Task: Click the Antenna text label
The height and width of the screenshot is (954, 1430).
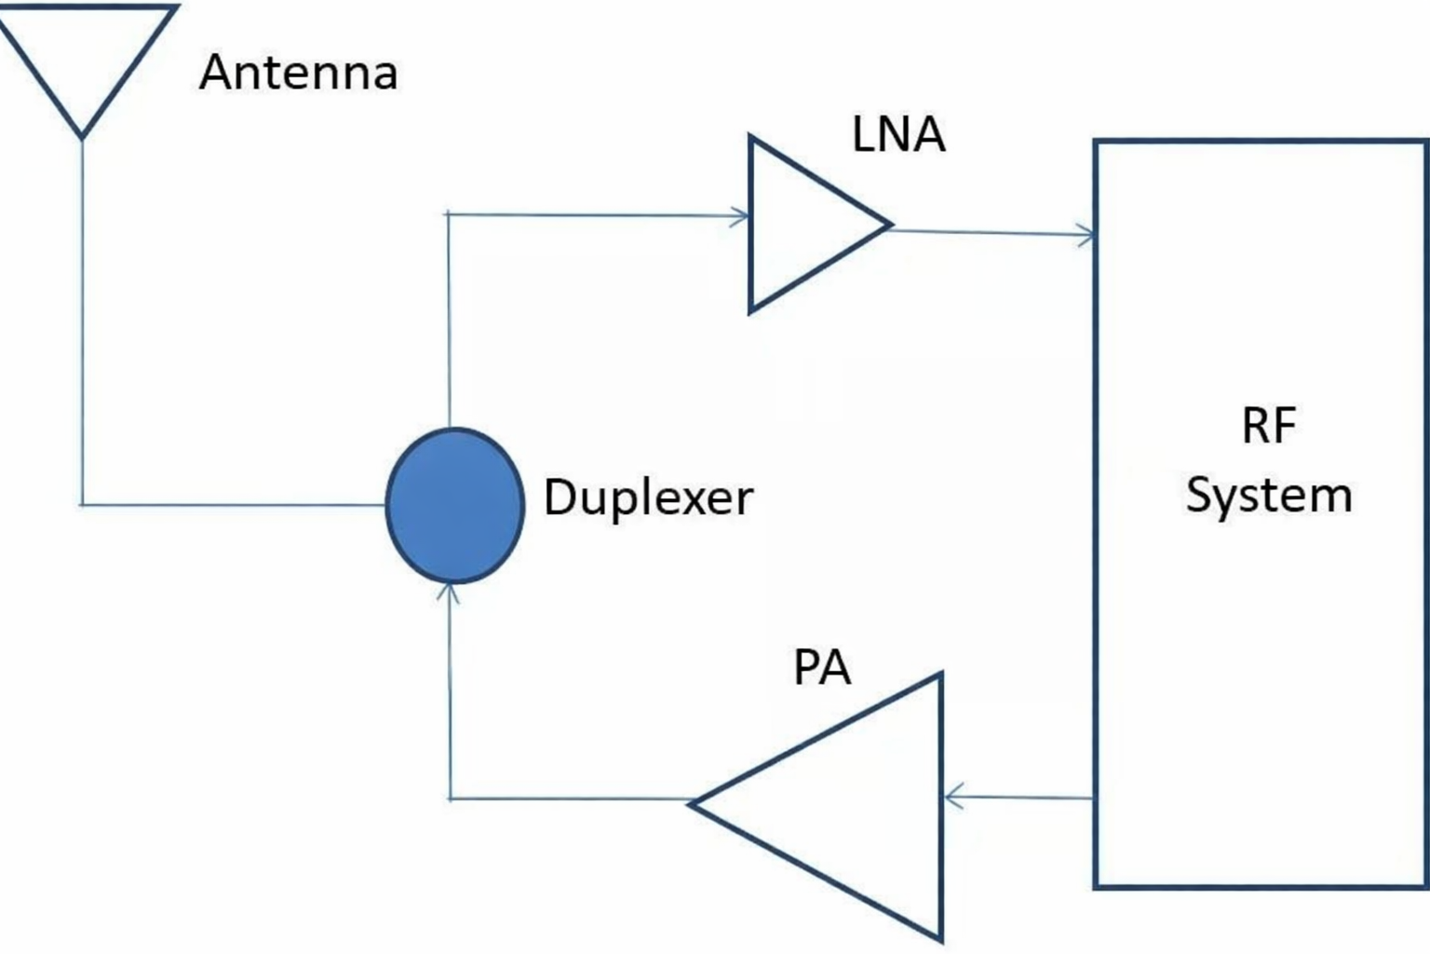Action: [x=299, y=73]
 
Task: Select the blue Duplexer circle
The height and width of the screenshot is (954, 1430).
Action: [x=454, y=505]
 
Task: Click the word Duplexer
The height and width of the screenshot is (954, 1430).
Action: [x=648, y=497]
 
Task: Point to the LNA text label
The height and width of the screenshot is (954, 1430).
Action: [x=898, y=134]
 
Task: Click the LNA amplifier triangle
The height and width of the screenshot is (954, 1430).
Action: [x=801, y=225]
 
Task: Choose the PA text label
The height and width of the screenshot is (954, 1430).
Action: [x=822, y=667]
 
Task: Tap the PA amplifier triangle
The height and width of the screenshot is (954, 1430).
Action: [x=857, y=805]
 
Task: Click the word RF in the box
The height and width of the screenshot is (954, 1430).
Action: [x=1268, y=427]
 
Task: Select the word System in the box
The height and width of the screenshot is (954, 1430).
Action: [x=1268, y=495]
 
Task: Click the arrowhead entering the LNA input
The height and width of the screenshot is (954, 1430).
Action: [x=742, y=217]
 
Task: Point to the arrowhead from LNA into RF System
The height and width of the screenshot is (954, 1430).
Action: [x=1087, y=234]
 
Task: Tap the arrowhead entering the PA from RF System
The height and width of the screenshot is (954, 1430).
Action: [x=952, y=797]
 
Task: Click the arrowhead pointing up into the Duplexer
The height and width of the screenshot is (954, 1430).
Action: [x=450, y=592]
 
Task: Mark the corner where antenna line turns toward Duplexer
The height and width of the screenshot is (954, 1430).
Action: [x=83, y=505]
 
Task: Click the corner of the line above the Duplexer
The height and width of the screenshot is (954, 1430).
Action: [x=449, y=214]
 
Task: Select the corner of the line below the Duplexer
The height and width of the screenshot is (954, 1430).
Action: [x=451, y=798]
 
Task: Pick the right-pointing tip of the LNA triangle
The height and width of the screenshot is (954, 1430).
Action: [x=890, y=224]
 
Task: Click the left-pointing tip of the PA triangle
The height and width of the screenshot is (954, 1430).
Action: [x=692, y=803]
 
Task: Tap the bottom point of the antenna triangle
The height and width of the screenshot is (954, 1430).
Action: [x=83, y=136]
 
